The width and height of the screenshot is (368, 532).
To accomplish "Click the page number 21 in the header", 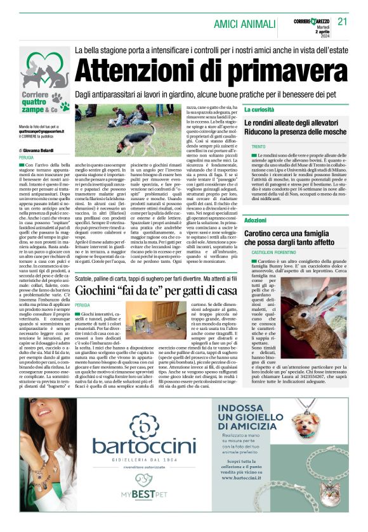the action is click(343, 21).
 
